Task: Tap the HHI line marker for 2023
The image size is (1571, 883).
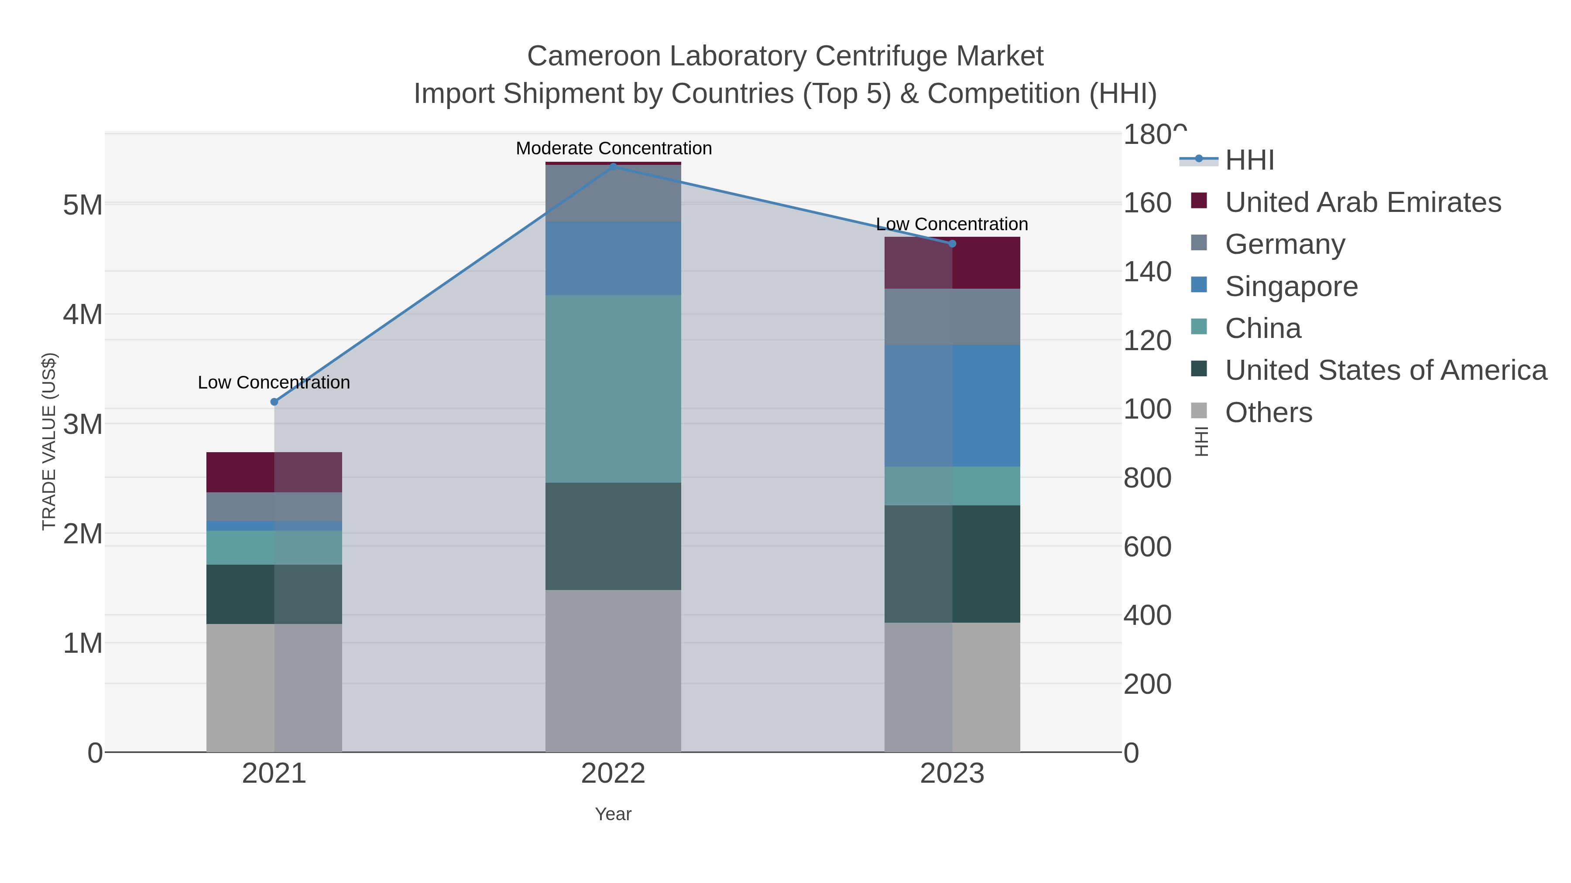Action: (x=952, y=244)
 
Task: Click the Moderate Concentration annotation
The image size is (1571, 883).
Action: (x=614, y=148)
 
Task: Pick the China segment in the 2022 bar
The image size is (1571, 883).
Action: (x=613, y=389)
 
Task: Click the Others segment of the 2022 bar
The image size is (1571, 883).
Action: (x=613, y=670)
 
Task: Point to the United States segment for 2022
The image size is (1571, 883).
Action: (x=613, y=536)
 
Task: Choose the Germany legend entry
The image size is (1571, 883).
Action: (x=1285, y=244)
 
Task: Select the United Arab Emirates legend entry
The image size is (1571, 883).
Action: (x=1363, y=202)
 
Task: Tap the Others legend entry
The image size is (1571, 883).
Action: (x=1269, y=413)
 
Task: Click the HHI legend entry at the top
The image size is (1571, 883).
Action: (x=1250, y=160)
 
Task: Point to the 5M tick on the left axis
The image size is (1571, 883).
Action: (x=83, y=205)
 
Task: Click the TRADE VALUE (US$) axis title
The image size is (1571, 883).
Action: (x=49, y=441)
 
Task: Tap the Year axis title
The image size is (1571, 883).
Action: (x=613, y=814)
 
